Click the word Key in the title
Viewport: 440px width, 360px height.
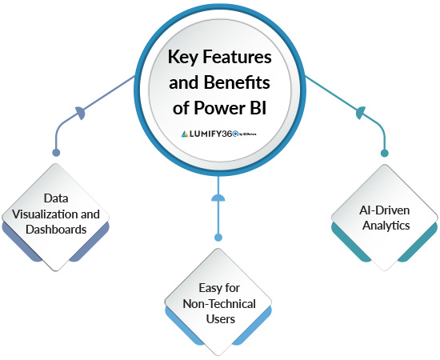[182, 58]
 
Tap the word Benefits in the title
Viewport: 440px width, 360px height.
[240, 83]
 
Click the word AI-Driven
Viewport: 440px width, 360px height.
[384, 210]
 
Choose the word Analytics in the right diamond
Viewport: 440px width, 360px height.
[384, 226]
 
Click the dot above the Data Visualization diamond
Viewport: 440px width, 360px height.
[55, 152]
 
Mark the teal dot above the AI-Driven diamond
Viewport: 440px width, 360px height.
[384, 152]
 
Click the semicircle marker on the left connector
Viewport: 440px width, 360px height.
[80, 114]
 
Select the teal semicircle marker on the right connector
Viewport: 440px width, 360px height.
[360, 114]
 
